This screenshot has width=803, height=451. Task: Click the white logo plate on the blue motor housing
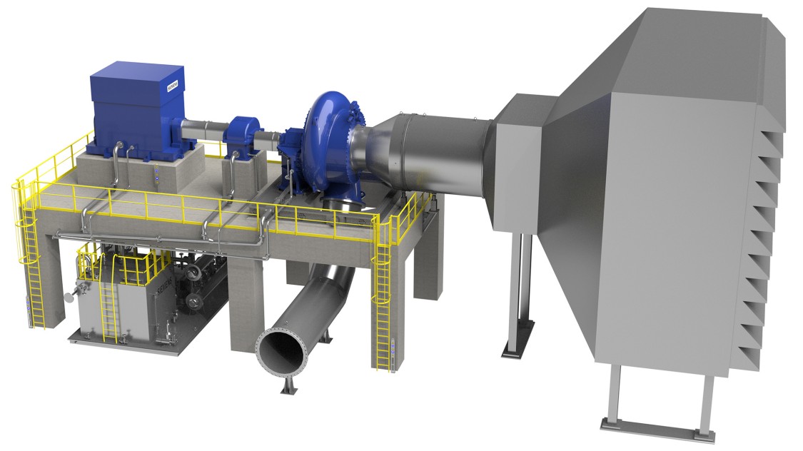173,86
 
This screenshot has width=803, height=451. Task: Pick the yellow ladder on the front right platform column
383,307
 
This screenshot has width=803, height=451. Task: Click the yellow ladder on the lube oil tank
108,307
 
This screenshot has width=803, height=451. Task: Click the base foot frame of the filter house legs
650,426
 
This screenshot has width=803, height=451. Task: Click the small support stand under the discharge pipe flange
289,385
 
